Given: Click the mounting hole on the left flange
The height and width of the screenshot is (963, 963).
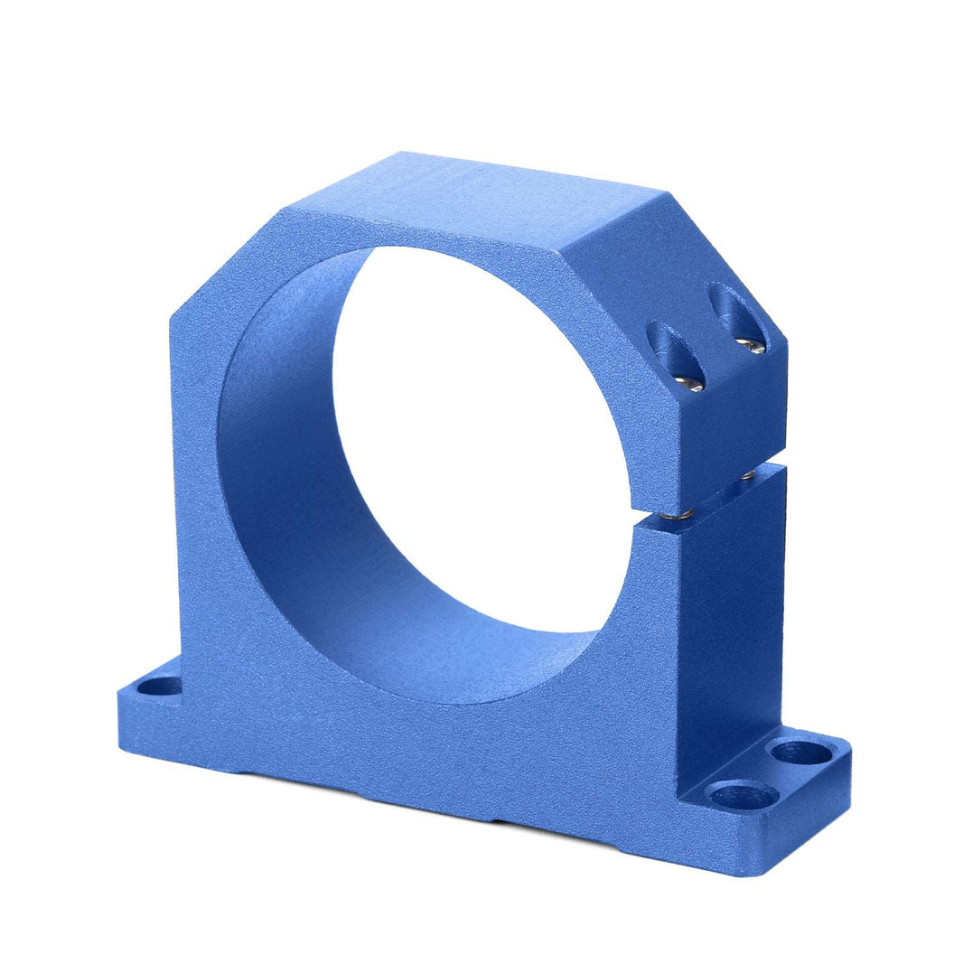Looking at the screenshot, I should point(159,687).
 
